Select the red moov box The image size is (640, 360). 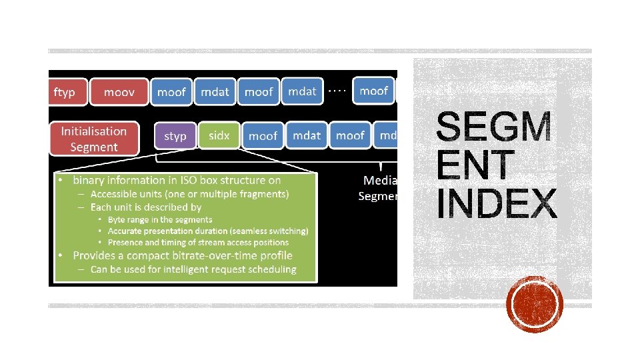(x=119, y=92)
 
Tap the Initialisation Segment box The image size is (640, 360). (x=93, y=139)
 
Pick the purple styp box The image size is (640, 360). (x=175, y=135)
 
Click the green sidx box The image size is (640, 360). (x=219, y=135)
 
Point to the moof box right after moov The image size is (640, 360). (x=171, y=92)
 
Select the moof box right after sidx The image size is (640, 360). (x=263, y=135)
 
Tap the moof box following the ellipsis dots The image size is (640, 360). (x=373, y=91)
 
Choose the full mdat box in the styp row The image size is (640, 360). (x=307, y=135)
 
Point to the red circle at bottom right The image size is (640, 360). (x=535, y=305)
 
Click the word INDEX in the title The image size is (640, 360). (x=497, y=204)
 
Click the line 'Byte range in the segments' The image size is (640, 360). (x=160, y=219)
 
